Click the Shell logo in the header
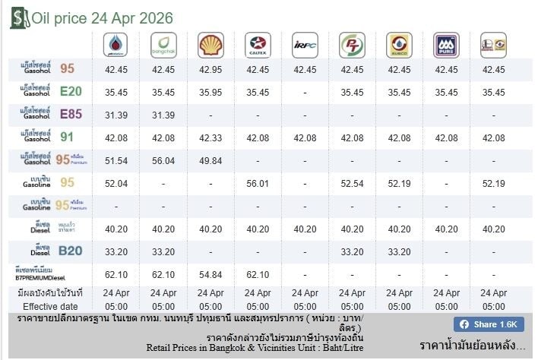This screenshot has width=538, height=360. pos(210,45)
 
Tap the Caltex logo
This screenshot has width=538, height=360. pos(258,45)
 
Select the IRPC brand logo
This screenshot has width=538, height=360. pos(305,45)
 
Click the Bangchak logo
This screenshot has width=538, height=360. pos(163,45)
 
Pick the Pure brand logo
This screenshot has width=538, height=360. pos(446,45)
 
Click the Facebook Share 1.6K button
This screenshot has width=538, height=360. pos(489,324)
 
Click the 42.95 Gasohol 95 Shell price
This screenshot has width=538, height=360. pos(210,69)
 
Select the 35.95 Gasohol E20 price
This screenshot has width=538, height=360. pos(210,93)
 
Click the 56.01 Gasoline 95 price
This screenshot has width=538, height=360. pos(258,184)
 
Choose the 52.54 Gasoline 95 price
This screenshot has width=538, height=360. pos(352,184)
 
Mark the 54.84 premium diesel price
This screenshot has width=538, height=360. pos(210,273)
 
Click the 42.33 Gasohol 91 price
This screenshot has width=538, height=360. pos(210,138)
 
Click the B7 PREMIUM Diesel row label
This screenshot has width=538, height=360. pos(46,273)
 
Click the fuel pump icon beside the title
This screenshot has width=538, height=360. pos(17,17)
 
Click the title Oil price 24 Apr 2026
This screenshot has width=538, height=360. pos(102,18)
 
